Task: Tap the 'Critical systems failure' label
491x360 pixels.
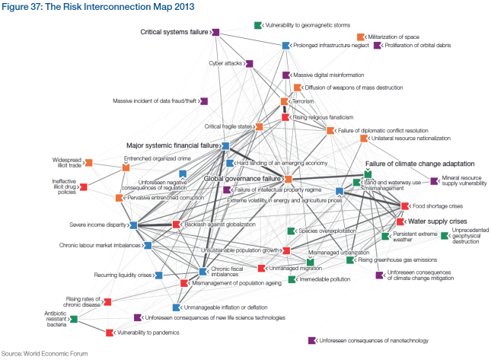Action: pos(174,32)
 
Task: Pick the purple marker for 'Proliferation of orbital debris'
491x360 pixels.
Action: pos(377,46)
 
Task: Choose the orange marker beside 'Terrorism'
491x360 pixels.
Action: pos(285,101)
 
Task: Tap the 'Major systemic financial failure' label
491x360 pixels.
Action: pos(172,145)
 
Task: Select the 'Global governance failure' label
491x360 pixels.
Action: pos(243,178)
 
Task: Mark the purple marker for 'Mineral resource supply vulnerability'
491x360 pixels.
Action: pos(435,181)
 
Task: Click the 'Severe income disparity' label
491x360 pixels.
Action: pos(97,225)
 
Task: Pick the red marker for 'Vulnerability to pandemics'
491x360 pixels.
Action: pos(110,333)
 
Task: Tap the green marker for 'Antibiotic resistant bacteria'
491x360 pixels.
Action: pos(74,318)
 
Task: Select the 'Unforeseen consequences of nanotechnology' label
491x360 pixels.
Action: pos(375,340)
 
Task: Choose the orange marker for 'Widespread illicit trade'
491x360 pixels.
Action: pos(88,162)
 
